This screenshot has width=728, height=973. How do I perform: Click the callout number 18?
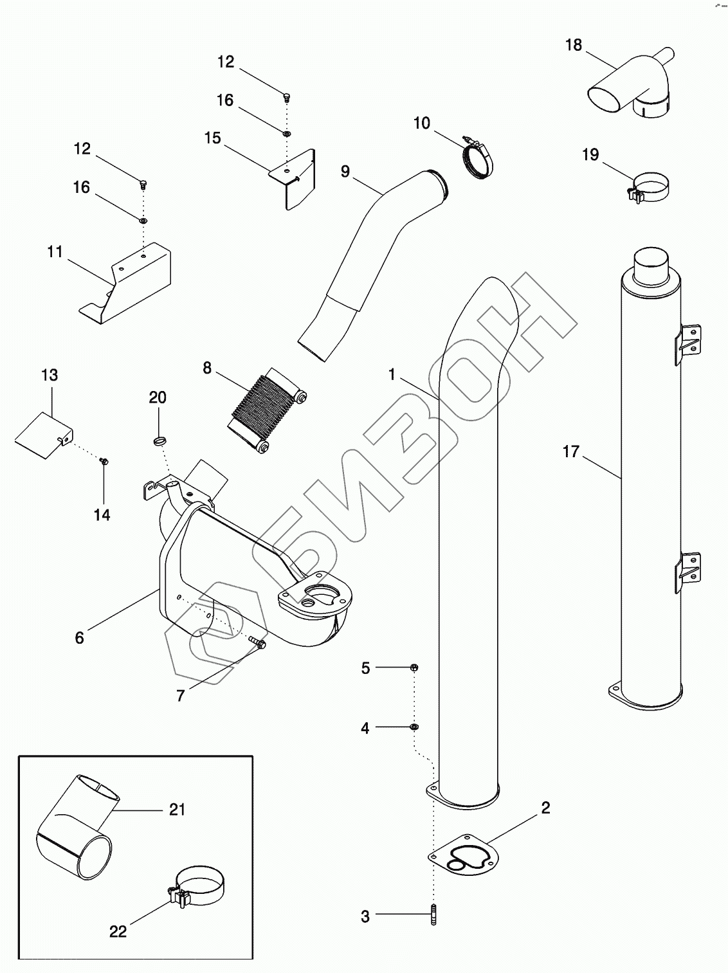pos(573,45)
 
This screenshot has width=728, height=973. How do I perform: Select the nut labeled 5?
pos(414,668)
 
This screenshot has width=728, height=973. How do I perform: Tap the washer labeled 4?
pos(414,727)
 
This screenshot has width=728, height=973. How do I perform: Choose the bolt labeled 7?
pos(258,641)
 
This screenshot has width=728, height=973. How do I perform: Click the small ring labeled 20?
pos(159,441)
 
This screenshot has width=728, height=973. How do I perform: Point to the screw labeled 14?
pos(104,461)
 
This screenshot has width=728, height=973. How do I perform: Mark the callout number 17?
pos(570,451)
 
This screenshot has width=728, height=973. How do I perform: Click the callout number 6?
pos(79,637)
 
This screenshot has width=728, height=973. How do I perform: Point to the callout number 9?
pos(345,172)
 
